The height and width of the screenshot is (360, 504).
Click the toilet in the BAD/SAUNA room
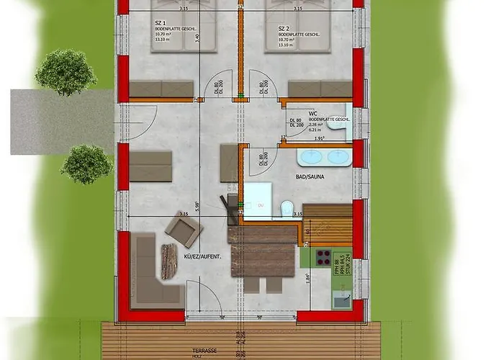[286, 204]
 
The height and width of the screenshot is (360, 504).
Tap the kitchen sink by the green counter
[341, 300]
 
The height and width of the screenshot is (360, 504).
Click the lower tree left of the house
[86, 164]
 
